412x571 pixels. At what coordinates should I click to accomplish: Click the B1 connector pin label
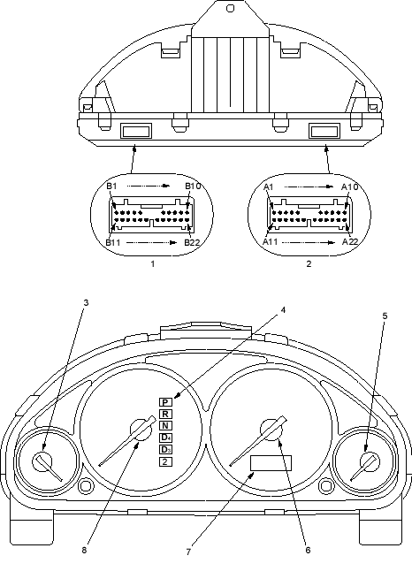click(x=111, y=187)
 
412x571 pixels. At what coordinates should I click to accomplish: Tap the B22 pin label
click(x=192, y=242)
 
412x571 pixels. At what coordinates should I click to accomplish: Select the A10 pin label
click(x=350, y=187)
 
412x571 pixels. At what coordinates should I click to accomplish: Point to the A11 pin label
click(x=271, y=242)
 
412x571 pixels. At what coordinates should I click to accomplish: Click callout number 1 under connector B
click(x=153, y=263)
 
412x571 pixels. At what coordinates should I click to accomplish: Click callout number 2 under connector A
click(x=309, y=263)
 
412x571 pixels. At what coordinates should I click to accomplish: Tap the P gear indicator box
click(x=165, y=402)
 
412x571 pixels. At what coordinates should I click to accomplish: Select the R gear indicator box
click(x=165, y=414)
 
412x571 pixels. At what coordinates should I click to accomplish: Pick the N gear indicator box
click(x=165, y=426)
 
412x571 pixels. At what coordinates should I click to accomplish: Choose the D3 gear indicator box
click(x=165, y=449)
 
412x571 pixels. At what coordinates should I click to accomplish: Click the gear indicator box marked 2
click(x=165, y=461)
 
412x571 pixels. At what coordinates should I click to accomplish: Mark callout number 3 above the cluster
click(x=86, y=302)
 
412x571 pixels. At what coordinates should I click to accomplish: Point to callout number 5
click(x=385, y=316)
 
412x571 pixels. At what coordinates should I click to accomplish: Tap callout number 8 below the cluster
click(x=84, y=551)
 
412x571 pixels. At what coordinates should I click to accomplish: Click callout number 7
click(x=188, y=552)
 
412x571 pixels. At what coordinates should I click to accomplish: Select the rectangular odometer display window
click(x=271, y=463)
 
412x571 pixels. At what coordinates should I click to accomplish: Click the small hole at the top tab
click(x=230, y=8)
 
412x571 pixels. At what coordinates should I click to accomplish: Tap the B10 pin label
click(x=193, y=187)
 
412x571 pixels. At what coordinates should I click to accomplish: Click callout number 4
click(x=283, y=310)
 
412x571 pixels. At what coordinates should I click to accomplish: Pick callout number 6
click(x=308, y=551)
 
